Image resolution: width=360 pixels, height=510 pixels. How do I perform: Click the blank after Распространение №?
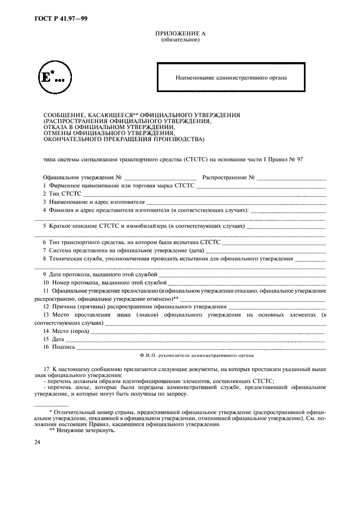[291, 178]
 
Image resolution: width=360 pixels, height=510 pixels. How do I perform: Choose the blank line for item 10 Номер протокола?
[247, 283]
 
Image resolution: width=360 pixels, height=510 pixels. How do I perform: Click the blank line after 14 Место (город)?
[208, 331]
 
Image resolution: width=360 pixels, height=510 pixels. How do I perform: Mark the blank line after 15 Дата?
[196, 339]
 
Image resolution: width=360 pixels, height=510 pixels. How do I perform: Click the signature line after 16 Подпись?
[202, 347]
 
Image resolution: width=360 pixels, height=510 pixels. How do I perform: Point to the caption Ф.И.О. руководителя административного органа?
[196, 355]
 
